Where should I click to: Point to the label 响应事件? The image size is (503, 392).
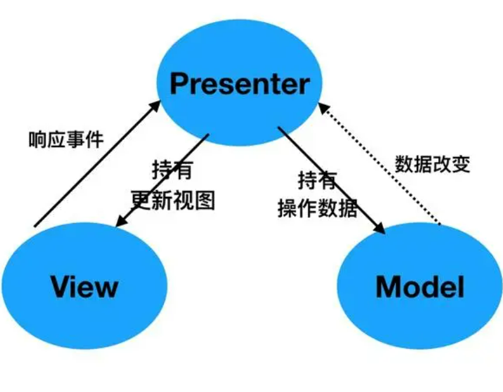coord(65,139)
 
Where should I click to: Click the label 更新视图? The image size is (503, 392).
coord(173,200)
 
